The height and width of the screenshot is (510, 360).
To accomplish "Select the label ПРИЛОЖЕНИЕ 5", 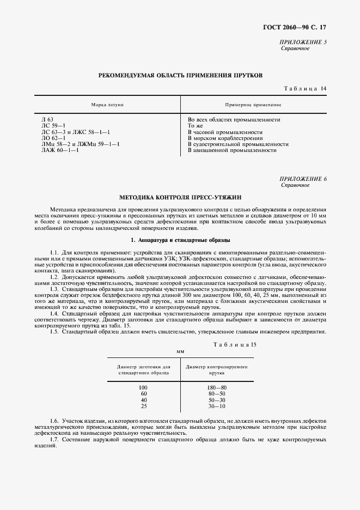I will point(303,42).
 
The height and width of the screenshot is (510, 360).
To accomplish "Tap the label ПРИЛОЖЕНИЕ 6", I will point(303,179).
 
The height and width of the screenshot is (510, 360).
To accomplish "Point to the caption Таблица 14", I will point(305,88).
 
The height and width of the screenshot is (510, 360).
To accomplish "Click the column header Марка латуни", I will point(108,104).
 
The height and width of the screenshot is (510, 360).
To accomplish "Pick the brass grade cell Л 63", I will point(47,119).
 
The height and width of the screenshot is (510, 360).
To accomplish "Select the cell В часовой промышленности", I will point(225,132).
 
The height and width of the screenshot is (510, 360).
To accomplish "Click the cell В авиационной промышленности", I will point(231,150).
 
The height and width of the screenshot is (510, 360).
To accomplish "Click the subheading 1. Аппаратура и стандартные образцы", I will point(180,240).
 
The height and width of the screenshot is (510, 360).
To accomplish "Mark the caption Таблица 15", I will point(236,345).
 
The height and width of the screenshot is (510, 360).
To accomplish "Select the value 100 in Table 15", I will point(143,387).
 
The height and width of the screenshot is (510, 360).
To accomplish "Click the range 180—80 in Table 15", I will point(217,387).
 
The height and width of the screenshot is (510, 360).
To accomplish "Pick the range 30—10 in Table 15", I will point(217,406).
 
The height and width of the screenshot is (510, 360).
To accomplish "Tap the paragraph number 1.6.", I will point(54,422).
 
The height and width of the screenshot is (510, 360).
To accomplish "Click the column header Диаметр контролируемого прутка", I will point(217,371).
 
